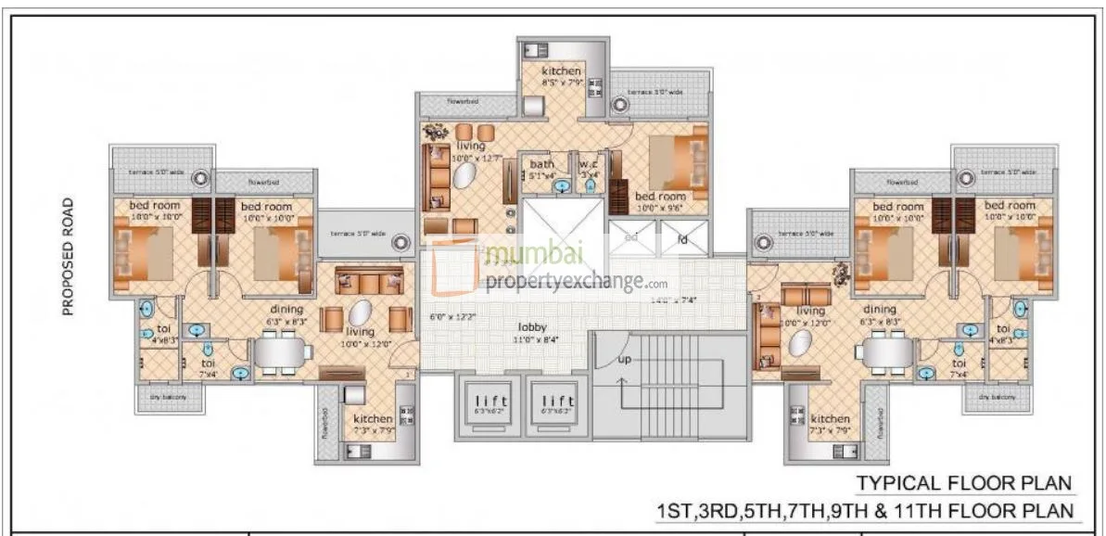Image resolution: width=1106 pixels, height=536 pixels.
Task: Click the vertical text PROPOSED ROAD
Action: [68, 256]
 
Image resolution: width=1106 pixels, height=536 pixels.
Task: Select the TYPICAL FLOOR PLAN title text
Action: [964, 483]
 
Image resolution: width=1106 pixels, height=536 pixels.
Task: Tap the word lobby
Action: [532, 327]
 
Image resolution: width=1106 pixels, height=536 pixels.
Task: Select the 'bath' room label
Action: [542, 164]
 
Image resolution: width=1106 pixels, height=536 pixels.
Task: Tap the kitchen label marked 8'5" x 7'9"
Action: [562, 82]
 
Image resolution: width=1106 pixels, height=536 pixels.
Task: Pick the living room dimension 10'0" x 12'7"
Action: [476, 158]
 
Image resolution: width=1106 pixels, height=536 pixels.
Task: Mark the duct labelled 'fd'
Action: [682, 237]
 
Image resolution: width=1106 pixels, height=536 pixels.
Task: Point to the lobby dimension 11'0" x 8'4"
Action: [533, 338]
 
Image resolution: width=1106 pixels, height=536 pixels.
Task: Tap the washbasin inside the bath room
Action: [560, 185]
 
